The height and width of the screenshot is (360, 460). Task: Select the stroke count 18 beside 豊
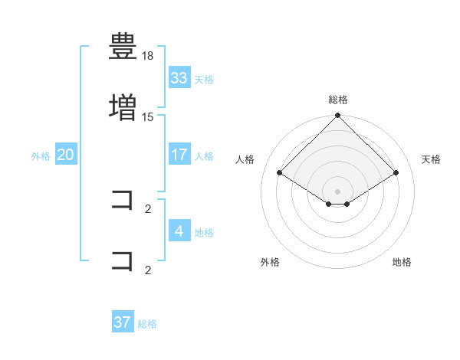pyautogui.click(x=149, y=57)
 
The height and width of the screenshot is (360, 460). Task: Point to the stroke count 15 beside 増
pyautogui.click(x=149, y=116)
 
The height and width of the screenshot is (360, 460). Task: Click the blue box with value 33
pyautogui.click(x=179, y=78)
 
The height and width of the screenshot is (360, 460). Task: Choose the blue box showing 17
pyautogui.click(x=179, y=155)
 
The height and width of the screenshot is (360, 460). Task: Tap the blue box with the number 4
pyautogui.click(x=179, y=231)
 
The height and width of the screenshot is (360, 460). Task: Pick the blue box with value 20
pyautogui.click(x=66, y=155)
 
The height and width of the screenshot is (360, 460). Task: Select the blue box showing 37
pyautogui.click(x=123, y=322)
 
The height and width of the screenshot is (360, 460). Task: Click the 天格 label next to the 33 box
pyautogui.click(x=204, y=79)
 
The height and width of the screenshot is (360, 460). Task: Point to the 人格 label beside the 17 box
pyautogui.click(x=204, y=155)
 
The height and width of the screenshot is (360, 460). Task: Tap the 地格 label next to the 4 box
pyautogui.click(x=204, y=232)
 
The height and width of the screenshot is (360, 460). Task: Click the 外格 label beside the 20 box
pyautogui.click(x=41, y=155)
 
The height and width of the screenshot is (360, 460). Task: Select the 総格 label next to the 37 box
pyautogui.click(x=147, y=323)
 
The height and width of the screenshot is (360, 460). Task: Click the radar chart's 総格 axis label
pyautogui.click(x=338, y=100)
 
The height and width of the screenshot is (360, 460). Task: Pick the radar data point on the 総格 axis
pyautogui.click(x=338, y=116)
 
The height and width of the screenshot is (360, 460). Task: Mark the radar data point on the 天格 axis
pyautogui.click(x=396, y=173)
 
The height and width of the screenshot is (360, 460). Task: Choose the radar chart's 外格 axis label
pyautogui.click(x=270, y=262)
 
